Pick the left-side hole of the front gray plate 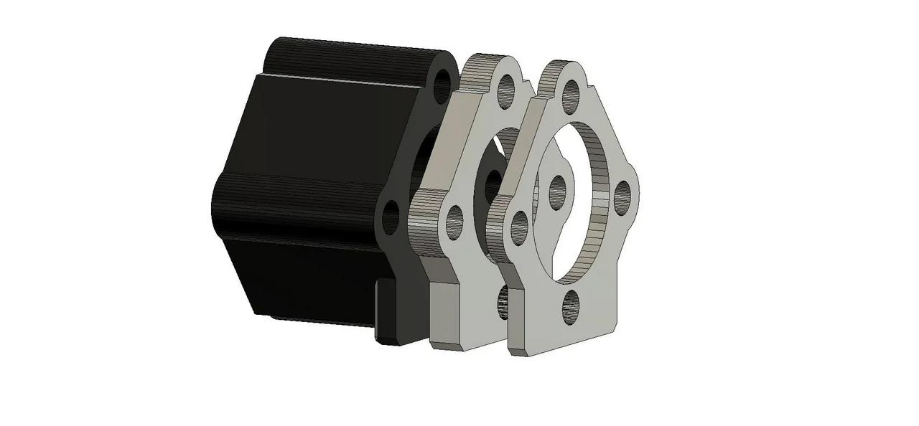(x=518, y=225)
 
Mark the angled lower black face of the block (x=302, y=280)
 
